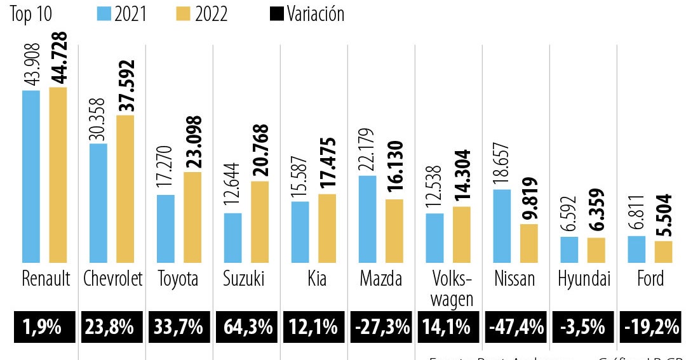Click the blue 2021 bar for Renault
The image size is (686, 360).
pos(31,176)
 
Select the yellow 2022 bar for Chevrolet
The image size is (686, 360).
pos(125,189)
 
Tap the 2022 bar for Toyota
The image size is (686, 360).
pos(192,217)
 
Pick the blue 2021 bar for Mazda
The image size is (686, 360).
pos(367,218)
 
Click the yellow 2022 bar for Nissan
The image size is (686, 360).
pos(529,243)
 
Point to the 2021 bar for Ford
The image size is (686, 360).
pos(636,249)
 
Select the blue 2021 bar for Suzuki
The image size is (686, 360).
pos(233,237)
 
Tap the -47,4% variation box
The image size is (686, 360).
pos(516,328)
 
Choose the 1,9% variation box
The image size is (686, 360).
pos(43,328)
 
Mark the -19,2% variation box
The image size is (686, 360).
pos(650,328)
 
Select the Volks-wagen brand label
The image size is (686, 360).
pos(451,289)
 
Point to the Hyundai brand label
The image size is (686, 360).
pos(584,279)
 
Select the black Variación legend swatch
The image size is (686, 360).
pos(278,13)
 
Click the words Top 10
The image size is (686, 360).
pos(30,14)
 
